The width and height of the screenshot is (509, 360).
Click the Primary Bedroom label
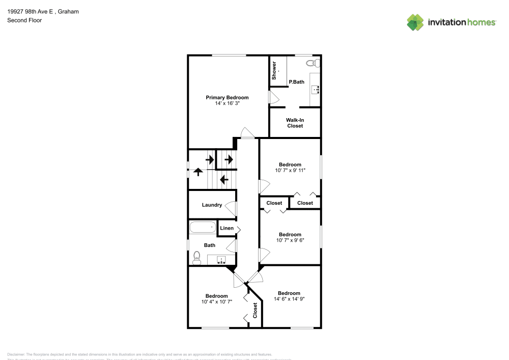(227, 97)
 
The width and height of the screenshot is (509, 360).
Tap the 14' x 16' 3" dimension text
(227, 103)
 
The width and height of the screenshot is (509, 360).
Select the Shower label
(274, 70)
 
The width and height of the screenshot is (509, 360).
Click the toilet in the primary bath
(314, 64)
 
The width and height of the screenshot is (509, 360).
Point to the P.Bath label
(296, 81)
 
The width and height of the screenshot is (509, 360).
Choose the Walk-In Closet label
(295, 123)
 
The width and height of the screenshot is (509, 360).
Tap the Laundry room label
(212, 205)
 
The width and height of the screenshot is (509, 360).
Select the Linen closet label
(227, 228)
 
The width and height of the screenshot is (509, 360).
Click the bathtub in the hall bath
(203, 227)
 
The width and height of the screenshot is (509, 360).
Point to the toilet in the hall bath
(197, 259)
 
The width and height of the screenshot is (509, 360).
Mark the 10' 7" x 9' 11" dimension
(291, 171)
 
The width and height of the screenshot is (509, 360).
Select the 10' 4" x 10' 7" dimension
(216, 302)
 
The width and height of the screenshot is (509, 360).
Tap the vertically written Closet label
(256, 311)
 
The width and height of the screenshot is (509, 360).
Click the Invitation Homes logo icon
(415, 22)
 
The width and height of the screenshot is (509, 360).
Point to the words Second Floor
(24, 20)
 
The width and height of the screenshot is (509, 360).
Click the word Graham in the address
(68, 11)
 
